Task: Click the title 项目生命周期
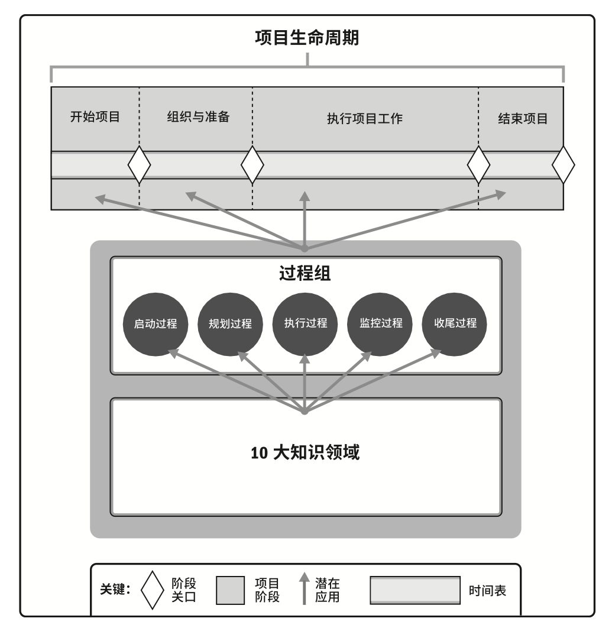(x=307, y=38)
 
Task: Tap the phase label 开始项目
(x=95, y=117)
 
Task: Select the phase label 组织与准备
(x=198, y=117)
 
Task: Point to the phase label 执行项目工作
(x=365, y=118)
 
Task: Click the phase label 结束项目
(x=523, y=118)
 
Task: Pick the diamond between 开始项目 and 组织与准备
(x=140, y=165)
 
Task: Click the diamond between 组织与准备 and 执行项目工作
(x=253, y=165)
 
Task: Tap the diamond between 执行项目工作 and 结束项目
(x=478, y=165)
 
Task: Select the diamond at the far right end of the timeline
(x=563, y=165)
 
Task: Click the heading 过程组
(x=305, y=273)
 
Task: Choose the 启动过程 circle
(x=156, y=324)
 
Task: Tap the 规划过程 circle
(x=230, y=324)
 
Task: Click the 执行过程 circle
(x=305, y=324)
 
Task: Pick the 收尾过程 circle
(x=455, y=324)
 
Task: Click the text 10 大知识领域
(x=305, y=454)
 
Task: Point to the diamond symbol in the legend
(x=152, y=590)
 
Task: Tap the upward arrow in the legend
(x=305, y=589)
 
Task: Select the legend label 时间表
(x=487, y=591)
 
